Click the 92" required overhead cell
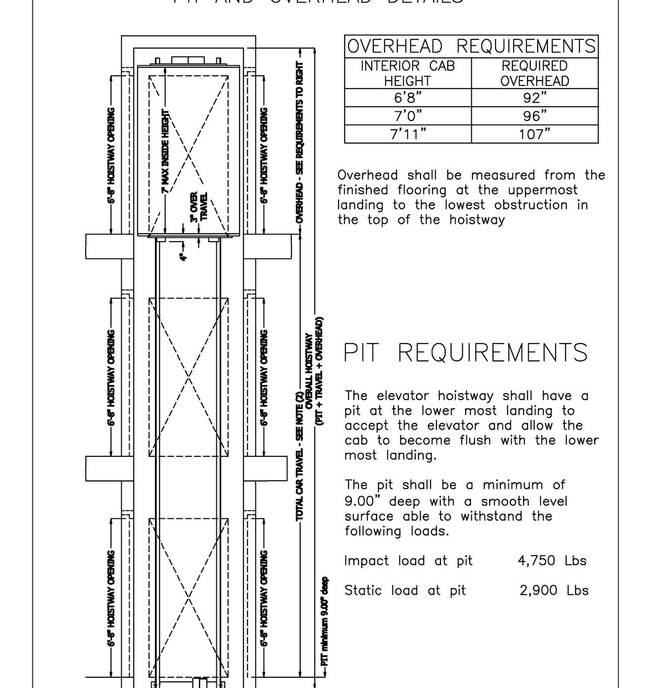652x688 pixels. [x=534, y=99]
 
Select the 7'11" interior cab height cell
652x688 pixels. [x=407, y=134]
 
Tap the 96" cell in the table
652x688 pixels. [x=534, y=116]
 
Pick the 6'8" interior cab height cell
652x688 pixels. [x=407, y=99]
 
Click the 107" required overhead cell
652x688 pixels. [x=534, y=134]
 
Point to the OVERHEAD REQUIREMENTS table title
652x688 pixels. [x=471, y=46]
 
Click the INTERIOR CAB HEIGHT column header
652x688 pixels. [x=407, y=73]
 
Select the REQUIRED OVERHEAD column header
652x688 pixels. [x=534, y=73]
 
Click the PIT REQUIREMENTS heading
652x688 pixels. [x=466, y=352]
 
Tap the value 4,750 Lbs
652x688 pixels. [x=552, y=561]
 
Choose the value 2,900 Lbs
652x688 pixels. [x=554, y=590]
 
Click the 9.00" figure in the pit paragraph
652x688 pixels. [x=362, y=501]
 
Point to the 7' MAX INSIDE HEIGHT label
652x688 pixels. [x=165, y=152]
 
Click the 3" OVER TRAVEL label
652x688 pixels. [x=198, y=208]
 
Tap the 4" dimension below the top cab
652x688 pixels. [x=184, y=254]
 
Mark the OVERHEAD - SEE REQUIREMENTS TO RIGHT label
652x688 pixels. [x=300, y=143]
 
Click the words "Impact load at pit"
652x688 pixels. [x=408, y=561]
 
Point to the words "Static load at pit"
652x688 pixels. [x=405, y=590]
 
